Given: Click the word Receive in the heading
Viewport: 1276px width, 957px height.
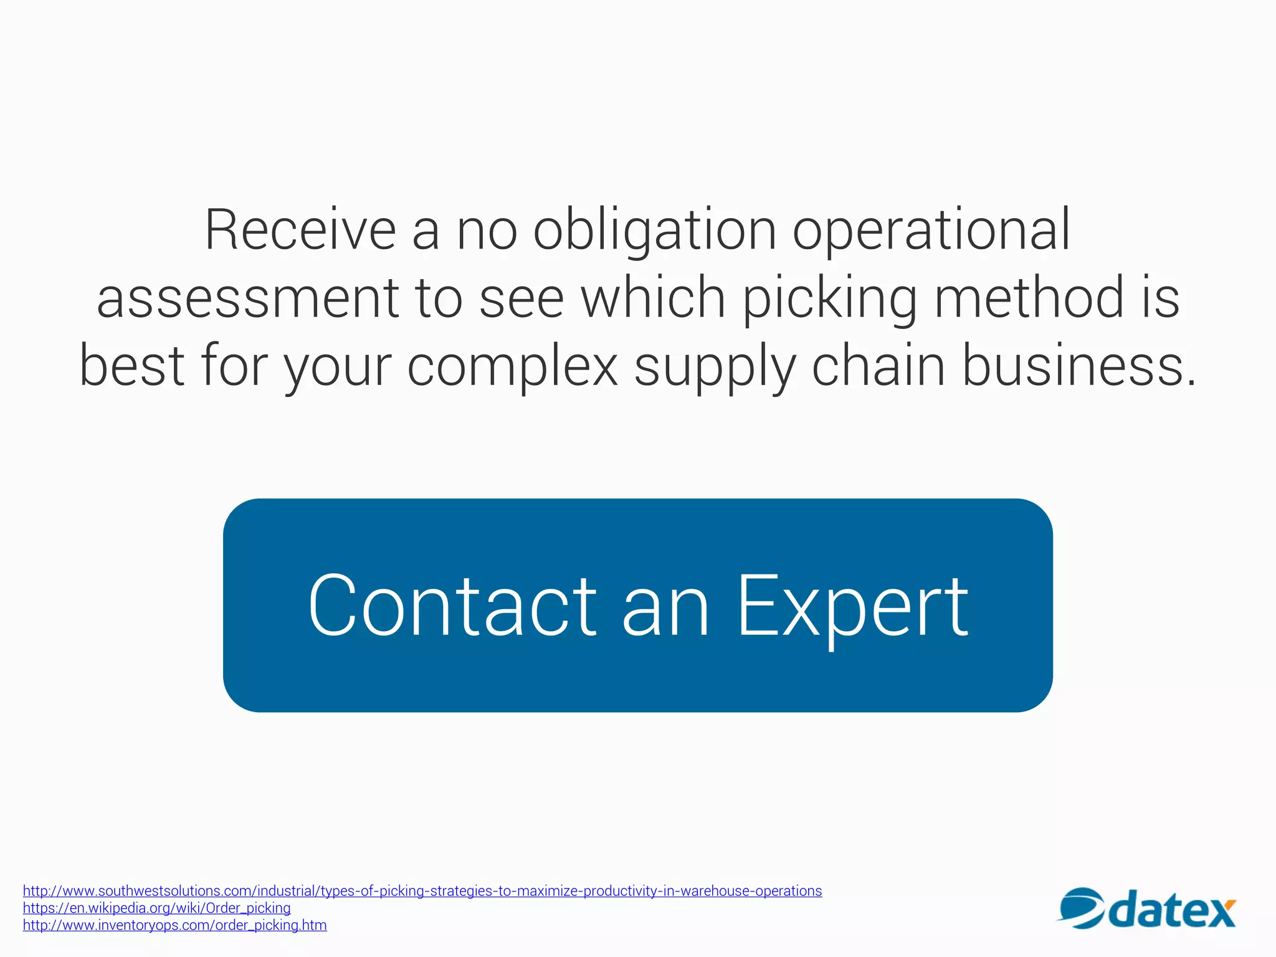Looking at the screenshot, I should pyautogui.click(x=300, y=231).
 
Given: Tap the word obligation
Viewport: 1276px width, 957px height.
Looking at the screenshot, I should pyautogui.click(x=654, y=231).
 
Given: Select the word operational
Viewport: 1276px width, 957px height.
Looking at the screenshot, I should pyautogui.click(x=931, y=231).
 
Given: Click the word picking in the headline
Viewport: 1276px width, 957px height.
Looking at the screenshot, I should pyautogui.click(x=829, y=298).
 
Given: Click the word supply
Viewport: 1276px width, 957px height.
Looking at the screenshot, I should pyautogui.click(x=715, y=368).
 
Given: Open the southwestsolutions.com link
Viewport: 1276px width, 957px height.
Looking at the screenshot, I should pyautogui.click(x=422, y=891).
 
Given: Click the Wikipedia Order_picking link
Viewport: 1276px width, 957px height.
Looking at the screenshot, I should pyautogui.click(x=156, y=908).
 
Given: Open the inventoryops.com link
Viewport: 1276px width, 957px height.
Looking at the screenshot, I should pyautogui.click(x=174, y=925).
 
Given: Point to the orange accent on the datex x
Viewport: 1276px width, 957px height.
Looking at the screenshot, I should pyautogui.click(x=1229, y=904).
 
